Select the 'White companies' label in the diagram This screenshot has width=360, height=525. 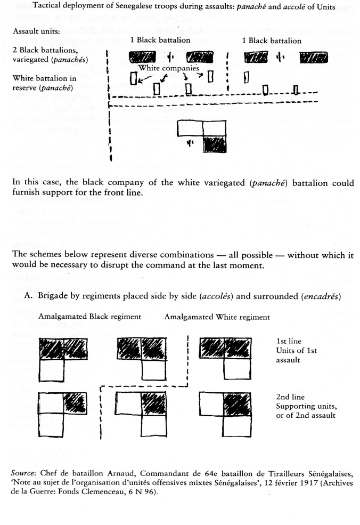(x=169, y=68)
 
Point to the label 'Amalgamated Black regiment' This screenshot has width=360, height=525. (x=90, y=317)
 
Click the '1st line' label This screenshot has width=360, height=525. (x=289, y=341)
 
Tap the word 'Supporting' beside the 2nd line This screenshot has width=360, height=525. (x=297, y=406)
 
